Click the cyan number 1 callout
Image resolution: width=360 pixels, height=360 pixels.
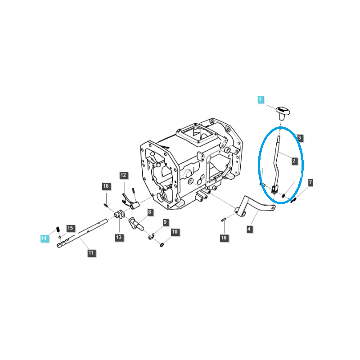pos(261,99)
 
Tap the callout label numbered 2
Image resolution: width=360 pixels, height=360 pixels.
pos(294,161)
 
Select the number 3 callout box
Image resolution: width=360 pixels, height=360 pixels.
pos(299,138)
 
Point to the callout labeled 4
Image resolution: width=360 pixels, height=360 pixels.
pos(249,229)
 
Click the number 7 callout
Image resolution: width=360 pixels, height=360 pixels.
pos(310,183)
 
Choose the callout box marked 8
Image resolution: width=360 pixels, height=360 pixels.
pos(150,212)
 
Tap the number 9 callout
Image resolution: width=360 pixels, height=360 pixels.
pos(165,222)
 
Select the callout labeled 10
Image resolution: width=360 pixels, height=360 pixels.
pos(175,232)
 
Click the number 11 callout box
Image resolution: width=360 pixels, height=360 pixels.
pos(91,253)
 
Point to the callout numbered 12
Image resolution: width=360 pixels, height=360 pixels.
pos(123,175)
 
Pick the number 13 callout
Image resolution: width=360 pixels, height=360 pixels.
pos(119,238)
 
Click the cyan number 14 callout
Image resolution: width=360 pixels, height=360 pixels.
pos(44,238)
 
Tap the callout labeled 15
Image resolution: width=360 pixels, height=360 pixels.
pos(70,228)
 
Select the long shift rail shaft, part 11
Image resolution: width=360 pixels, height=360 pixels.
pos(82,233)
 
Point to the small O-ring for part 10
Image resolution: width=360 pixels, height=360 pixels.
pos(162,245)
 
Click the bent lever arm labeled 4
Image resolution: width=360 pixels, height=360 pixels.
pos(255,206)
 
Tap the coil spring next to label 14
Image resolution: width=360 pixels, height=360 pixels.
pos(58,229)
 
